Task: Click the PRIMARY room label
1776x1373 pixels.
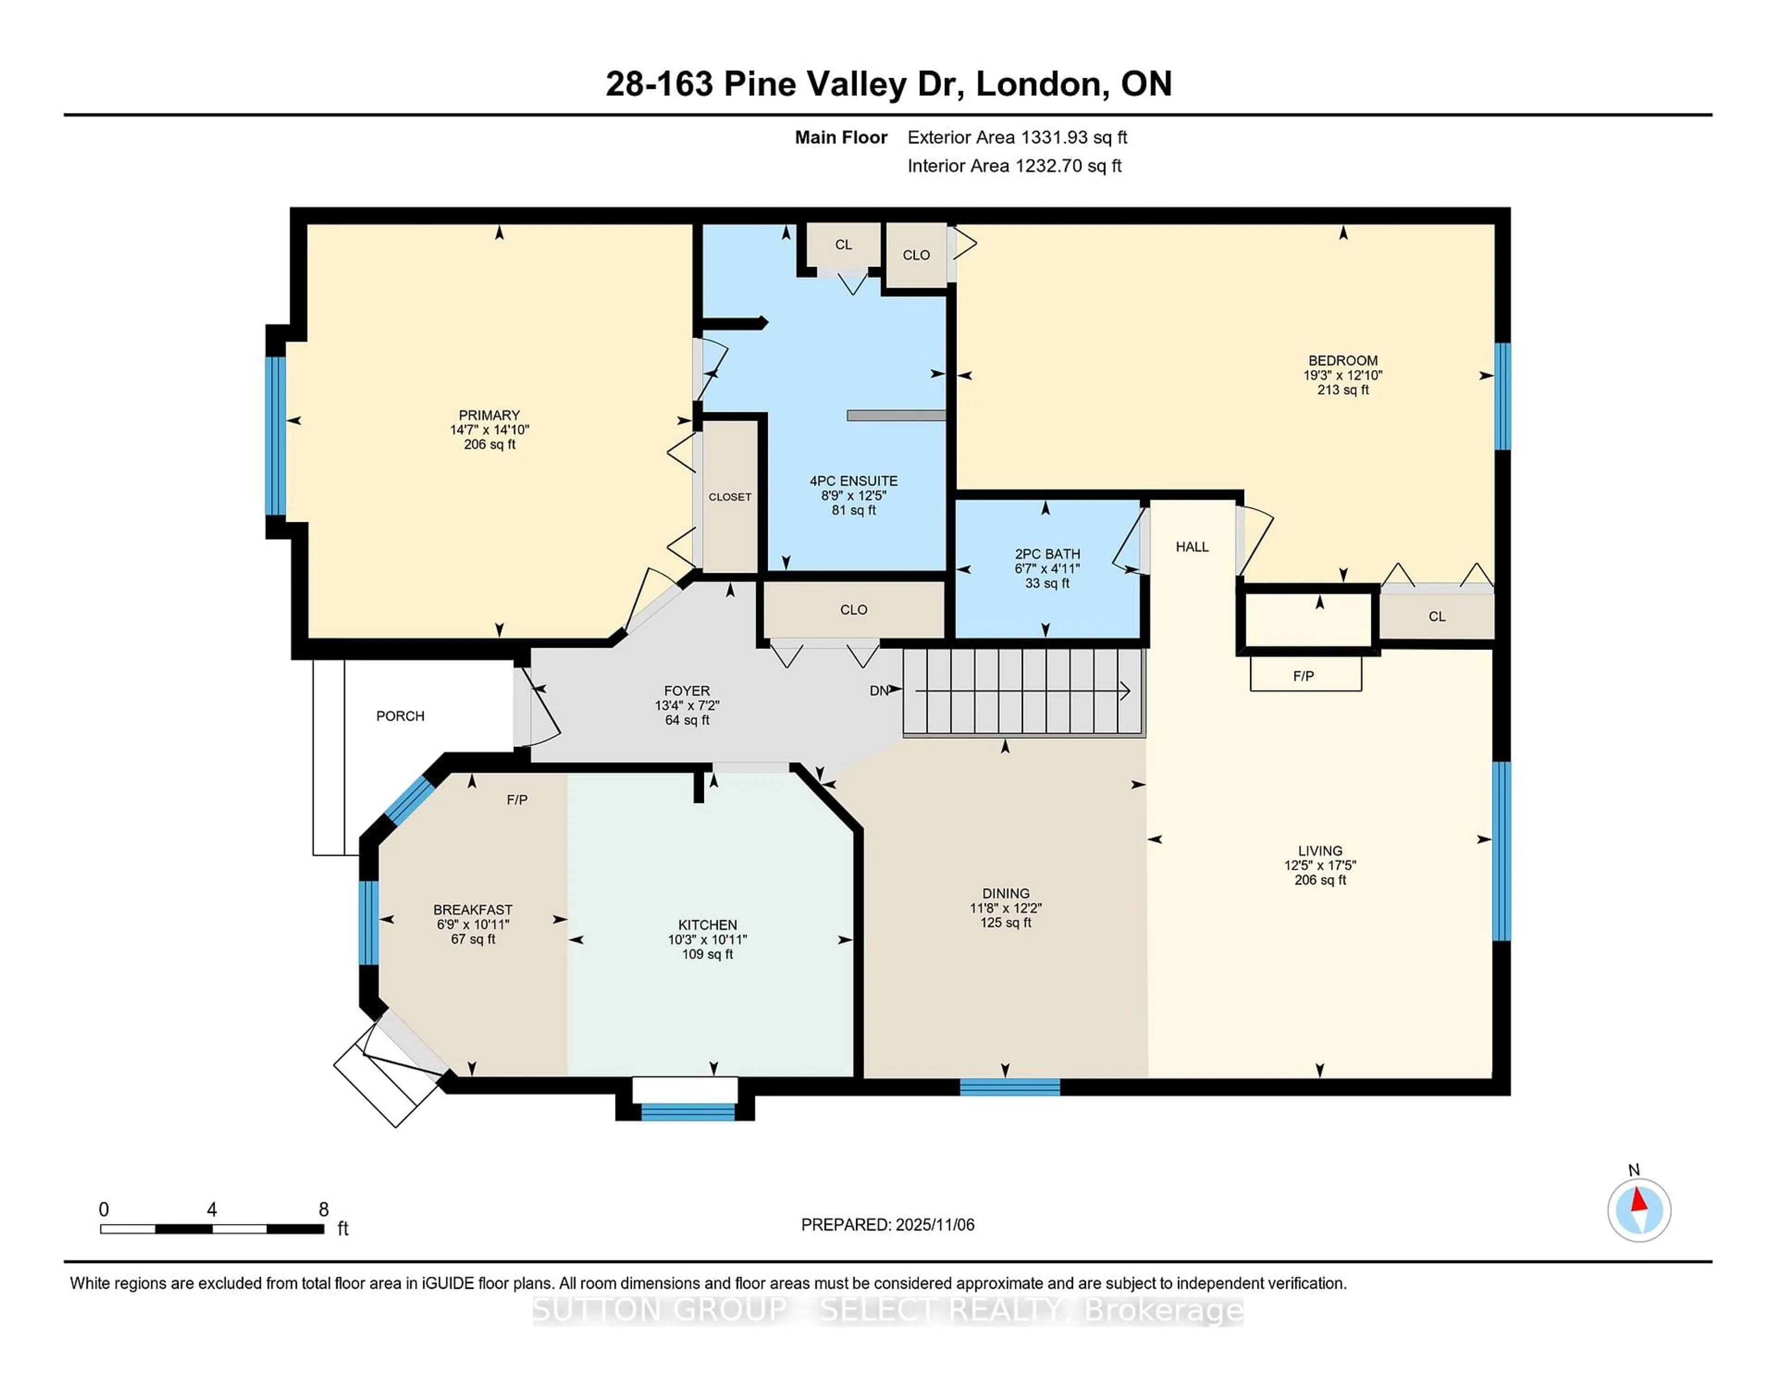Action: click(489, 415)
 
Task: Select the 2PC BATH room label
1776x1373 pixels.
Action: click(1047, 554)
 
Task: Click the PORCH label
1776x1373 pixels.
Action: click(400, 716)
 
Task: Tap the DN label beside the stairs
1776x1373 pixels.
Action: click(878, 691)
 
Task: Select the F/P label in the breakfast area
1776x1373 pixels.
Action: click(517, 799)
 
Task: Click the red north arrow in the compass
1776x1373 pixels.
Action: click(1640, 1200)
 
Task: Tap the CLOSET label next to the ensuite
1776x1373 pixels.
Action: click(729, 496)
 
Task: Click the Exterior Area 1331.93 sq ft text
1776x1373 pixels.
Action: click(1017, 137)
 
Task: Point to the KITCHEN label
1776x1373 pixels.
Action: click(708, 925)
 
